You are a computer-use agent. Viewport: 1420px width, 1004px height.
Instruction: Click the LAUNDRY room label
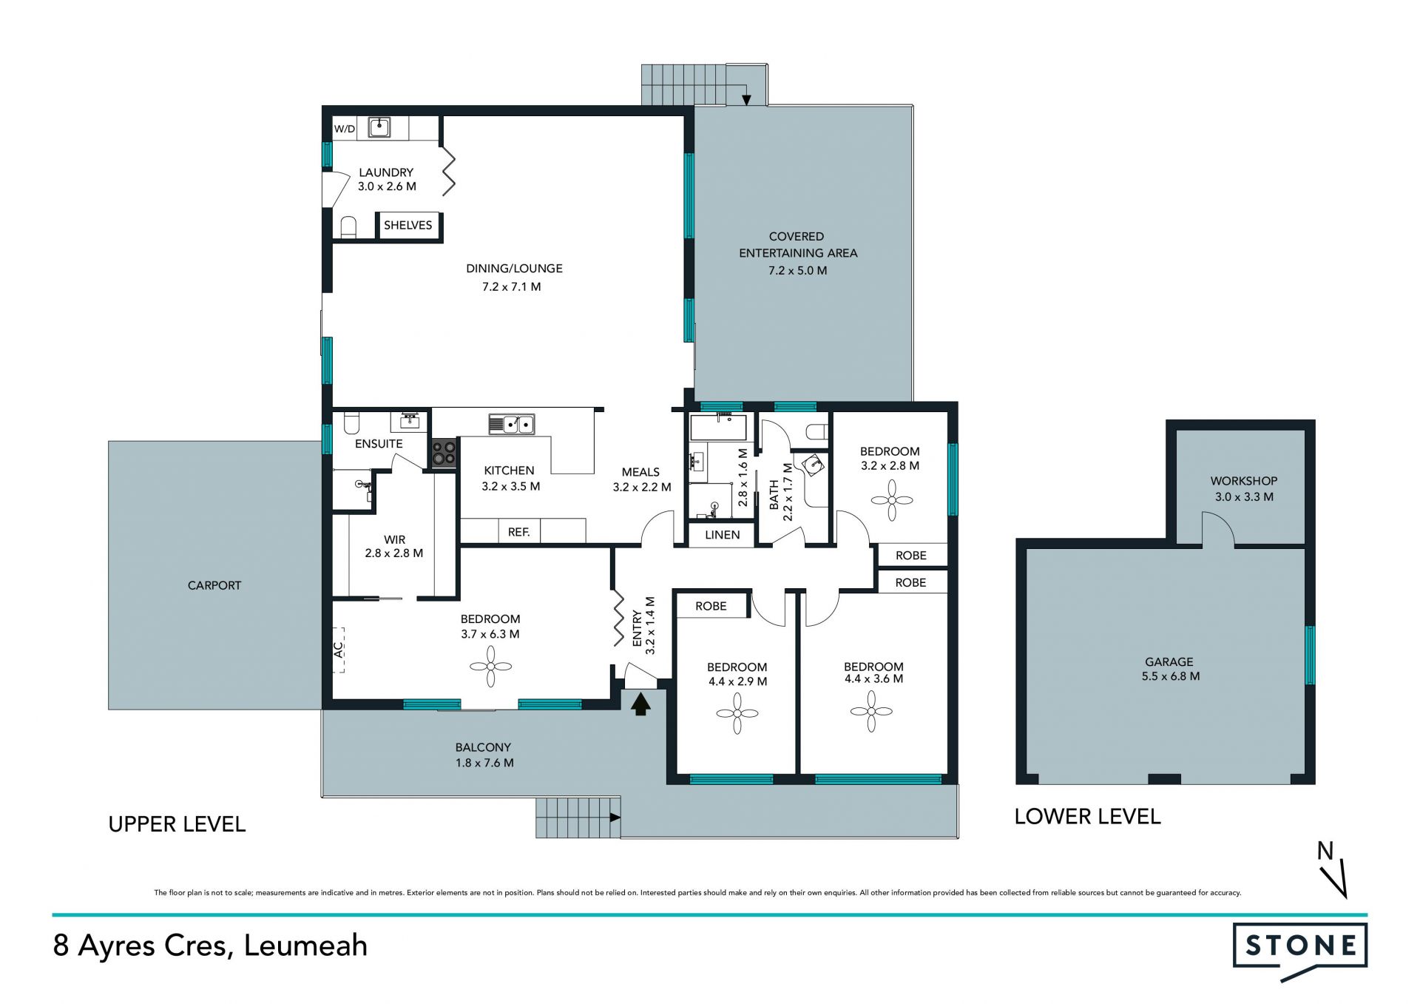(386, 172)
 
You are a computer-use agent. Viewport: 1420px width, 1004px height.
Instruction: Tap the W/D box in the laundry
(345, 129)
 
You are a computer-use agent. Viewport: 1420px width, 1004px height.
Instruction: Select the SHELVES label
(408, 225)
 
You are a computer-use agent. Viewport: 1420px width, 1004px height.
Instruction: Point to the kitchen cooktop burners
(444, 453)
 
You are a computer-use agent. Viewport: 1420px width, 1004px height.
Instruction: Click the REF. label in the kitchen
(518, 532)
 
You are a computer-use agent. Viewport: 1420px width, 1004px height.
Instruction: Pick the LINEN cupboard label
(722, 535)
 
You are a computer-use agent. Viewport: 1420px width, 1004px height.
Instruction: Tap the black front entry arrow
(640, 703)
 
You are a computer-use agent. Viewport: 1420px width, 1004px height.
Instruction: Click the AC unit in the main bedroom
(339, 650)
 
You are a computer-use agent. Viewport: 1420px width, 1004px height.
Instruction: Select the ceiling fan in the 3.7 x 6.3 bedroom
(490, 667)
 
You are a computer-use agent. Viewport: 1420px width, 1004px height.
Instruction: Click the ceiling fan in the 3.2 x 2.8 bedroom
(892, 500)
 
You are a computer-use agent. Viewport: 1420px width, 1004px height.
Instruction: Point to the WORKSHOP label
(1244, 481)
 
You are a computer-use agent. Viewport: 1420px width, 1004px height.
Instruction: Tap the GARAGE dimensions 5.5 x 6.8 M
(1171, 676)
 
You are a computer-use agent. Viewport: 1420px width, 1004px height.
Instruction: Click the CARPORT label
(214, 585)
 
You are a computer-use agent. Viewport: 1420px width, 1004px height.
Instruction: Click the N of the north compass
(1325, 852)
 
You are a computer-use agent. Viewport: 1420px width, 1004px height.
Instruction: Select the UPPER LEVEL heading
(177, 824)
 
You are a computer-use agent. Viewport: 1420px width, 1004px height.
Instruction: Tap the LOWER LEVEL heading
(1087, 817)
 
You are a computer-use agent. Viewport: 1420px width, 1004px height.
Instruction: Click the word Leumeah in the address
(305, 946)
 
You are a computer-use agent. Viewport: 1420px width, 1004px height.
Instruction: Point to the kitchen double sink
(512, 425)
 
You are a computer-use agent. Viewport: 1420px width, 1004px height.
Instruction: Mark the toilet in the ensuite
(351, 422)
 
